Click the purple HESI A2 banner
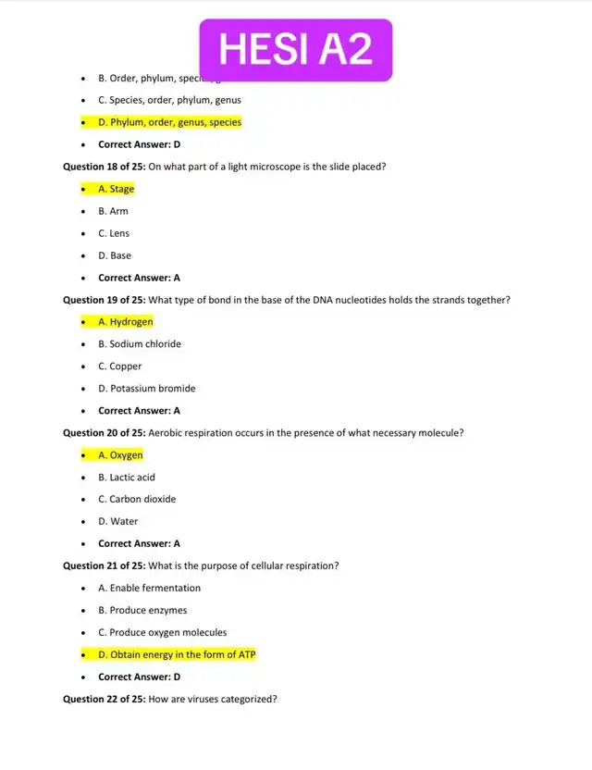[x=295, y=49]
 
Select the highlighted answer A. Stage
[x=116, y=189]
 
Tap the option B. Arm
[x=113, y=211]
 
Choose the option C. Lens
[x=114, y=233]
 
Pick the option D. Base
[x=115, y=255]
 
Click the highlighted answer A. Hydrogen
[x=125, y=322]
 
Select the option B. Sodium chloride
[x=139, y=344]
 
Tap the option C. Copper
[x=119, y=366]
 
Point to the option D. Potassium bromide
[x=146, y=389]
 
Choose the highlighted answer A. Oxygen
[x=120, y=455]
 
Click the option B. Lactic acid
[x=126, y=478]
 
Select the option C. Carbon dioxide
[x=136, y=499]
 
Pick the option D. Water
[x=117, y=521]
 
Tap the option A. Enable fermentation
[x=149, y=588]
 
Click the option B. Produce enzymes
[x=142, y=610]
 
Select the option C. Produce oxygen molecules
[x=162, y=632]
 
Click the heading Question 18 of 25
[x=104, y=167]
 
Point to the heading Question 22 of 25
[x=104, y=699]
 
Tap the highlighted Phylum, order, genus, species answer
[x=168, y=122]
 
